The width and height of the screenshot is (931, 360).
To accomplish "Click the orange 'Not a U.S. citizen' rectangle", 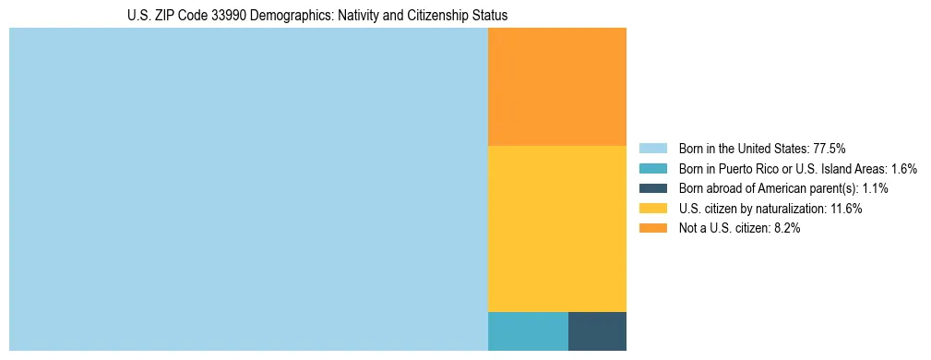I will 556,87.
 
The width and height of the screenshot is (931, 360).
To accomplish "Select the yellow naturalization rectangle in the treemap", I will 556,229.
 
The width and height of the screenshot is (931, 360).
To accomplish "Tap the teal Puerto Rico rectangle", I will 528,331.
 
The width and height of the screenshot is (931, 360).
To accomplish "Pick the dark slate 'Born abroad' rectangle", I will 597,331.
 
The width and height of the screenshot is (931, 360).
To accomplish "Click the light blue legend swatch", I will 652,148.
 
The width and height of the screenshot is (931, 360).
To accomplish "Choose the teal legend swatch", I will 652,168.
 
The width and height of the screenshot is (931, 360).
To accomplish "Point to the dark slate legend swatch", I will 652,188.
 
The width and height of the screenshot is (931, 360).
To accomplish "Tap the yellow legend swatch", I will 652,209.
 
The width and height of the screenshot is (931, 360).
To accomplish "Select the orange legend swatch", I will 652,228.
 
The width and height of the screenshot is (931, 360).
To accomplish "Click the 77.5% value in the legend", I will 830,148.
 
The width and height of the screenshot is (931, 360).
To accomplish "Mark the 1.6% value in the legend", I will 903,168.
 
